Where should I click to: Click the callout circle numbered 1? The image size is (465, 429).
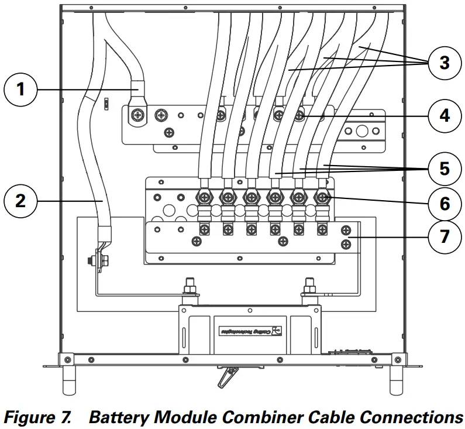pyautogui.click(x=21, y=90)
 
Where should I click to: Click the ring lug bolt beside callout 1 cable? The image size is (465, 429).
pyautogui.click(x=139, y=115)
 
